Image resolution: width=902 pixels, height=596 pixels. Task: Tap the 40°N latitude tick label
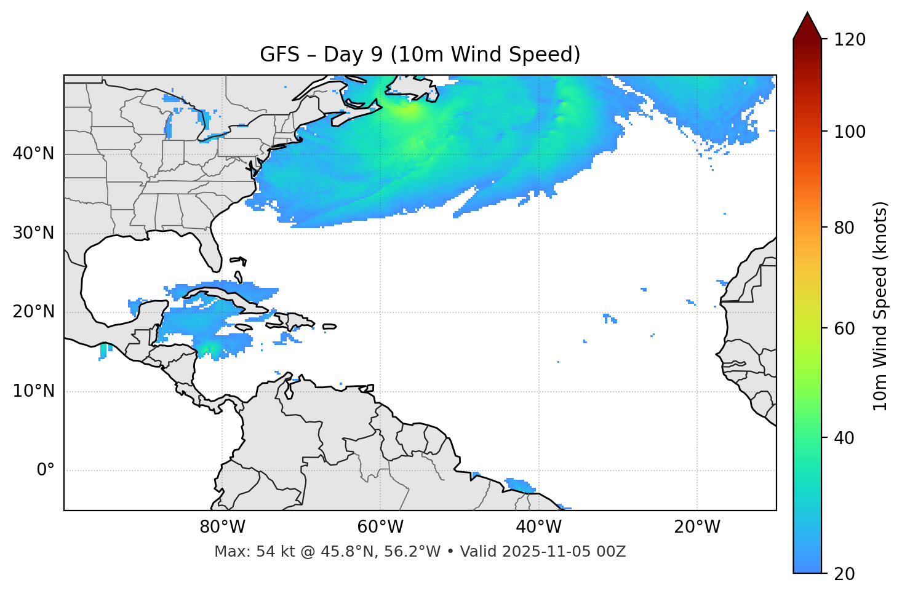pyautogui.click(x=33, y=154)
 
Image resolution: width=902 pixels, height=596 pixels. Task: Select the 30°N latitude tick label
pyautogui.click(x=33, y=233)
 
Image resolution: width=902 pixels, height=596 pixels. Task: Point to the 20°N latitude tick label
pyautogui.click(x=33, y=312)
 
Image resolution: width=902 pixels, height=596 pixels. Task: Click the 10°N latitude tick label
pyautogui.click(x=33, y=391)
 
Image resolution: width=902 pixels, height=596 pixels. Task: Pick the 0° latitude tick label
pyautogui.click(x=45, y=471)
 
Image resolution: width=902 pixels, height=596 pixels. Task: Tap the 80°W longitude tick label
pyautogui.click(x=222, y=527)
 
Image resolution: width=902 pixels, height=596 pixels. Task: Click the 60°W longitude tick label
pyautogui.click(x=380, y=527)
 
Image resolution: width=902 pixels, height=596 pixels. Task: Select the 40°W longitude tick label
pyautogui.click(x=538, y=527)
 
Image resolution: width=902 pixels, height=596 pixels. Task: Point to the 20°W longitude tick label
pyautogui.click(x=696, y=527)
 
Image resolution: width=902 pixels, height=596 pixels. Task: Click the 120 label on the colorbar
pyautogui.click(x=850, y=40)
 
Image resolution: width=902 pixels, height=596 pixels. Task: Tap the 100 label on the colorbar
pyautogui.click(x=850, y=132)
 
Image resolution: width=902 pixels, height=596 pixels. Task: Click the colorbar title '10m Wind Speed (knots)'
pyautogui.click(x=880, y=306)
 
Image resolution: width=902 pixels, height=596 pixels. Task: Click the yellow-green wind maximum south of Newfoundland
pyautogui.click(x=407, y=111)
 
